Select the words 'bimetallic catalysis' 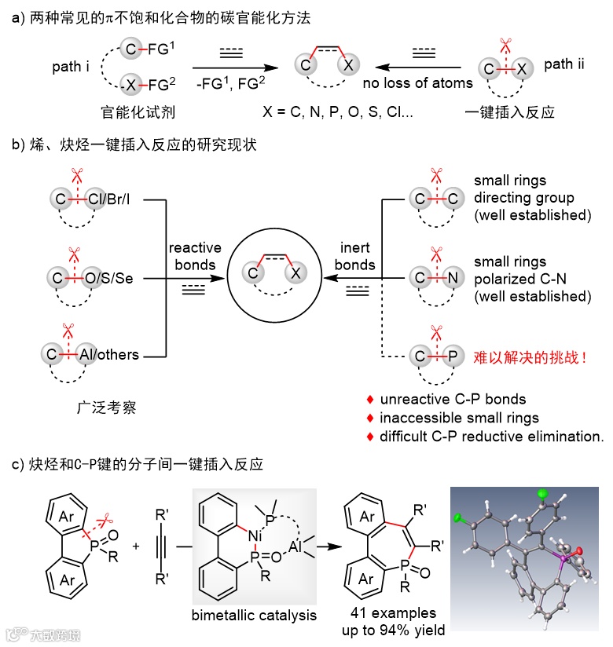(254, 615)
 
